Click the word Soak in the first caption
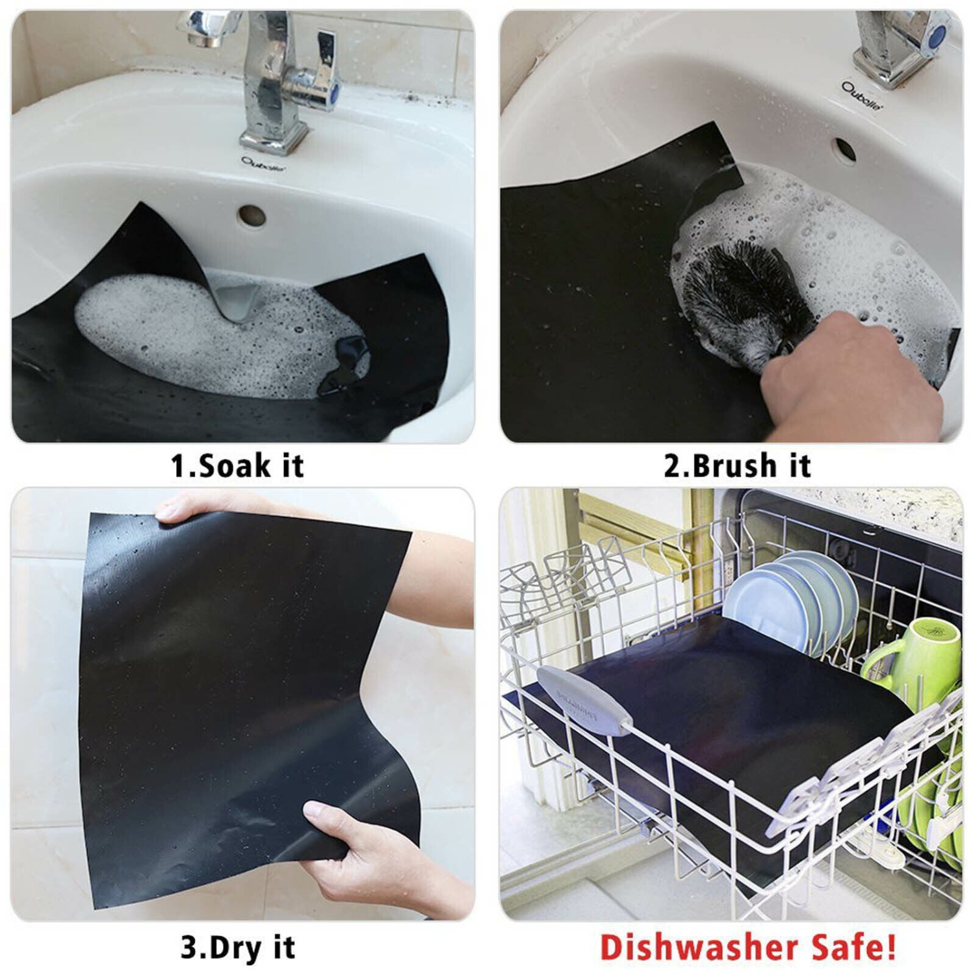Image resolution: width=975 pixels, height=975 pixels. [x=225, y=465]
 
